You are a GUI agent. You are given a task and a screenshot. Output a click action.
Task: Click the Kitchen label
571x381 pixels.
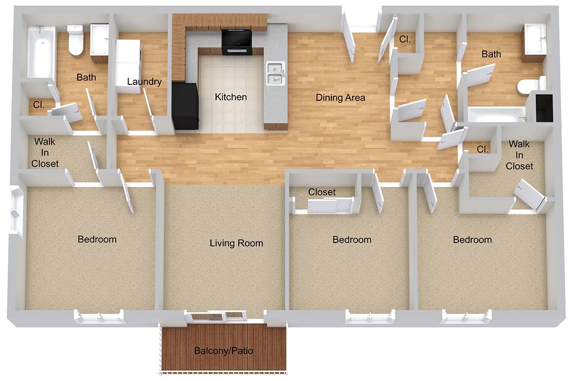[230, 97]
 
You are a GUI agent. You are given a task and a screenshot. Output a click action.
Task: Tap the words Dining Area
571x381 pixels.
[340, 98]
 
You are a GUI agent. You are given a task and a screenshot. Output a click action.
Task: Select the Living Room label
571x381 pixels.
[236, 243]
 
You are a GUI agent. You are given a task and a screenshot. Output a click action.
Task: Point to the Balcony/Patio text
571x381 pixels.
[224, 351]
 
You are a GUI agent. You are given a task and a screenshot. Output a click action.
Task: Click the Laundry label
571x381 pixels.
[144, 82]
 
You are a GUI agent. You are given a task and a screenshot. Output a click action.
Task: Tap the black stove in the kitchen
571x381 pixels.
[237, 42]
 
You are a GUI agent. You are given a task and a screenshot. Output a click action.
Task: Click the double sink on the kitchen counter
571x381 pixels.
[275, 74]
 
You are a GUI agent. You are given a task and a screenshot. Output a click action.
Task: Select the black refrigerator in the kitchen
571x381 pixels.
[185, 106]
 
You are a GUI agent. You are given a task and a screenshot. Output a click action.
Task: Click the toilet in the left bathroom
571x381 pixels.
[76, 40]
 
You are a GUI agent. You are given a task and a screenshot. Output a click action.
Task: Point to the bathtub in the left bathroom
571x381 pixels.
[41, 52]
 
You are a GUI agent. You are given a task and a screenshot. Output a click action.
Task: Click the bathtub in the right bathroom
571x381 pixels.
[497, 115]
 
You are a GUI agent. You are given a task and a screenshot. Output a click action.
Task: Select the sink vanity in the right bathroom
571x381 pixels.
[534, 43]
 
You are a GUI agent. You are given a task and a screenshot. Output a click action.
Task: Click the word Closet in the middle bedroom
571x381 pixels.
[322, 192]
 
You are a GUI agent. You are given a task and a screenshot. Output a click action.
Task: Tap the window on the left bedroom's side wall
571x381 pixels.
[15, 209]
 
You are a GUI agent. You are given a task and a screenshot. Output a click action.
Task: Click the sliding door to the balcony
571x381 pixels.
[216, 317]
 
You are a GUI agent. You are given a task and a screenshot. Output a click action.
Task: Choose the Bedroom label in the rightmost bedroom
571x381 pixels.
[472, 239]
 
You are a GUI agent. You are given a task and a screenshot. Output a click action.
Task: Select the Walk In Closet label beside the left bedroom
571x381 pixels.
[45, 152]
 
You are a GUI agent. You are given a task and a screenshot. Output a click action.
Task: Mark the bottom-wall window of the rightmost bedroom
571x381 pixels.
[465, 317]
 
